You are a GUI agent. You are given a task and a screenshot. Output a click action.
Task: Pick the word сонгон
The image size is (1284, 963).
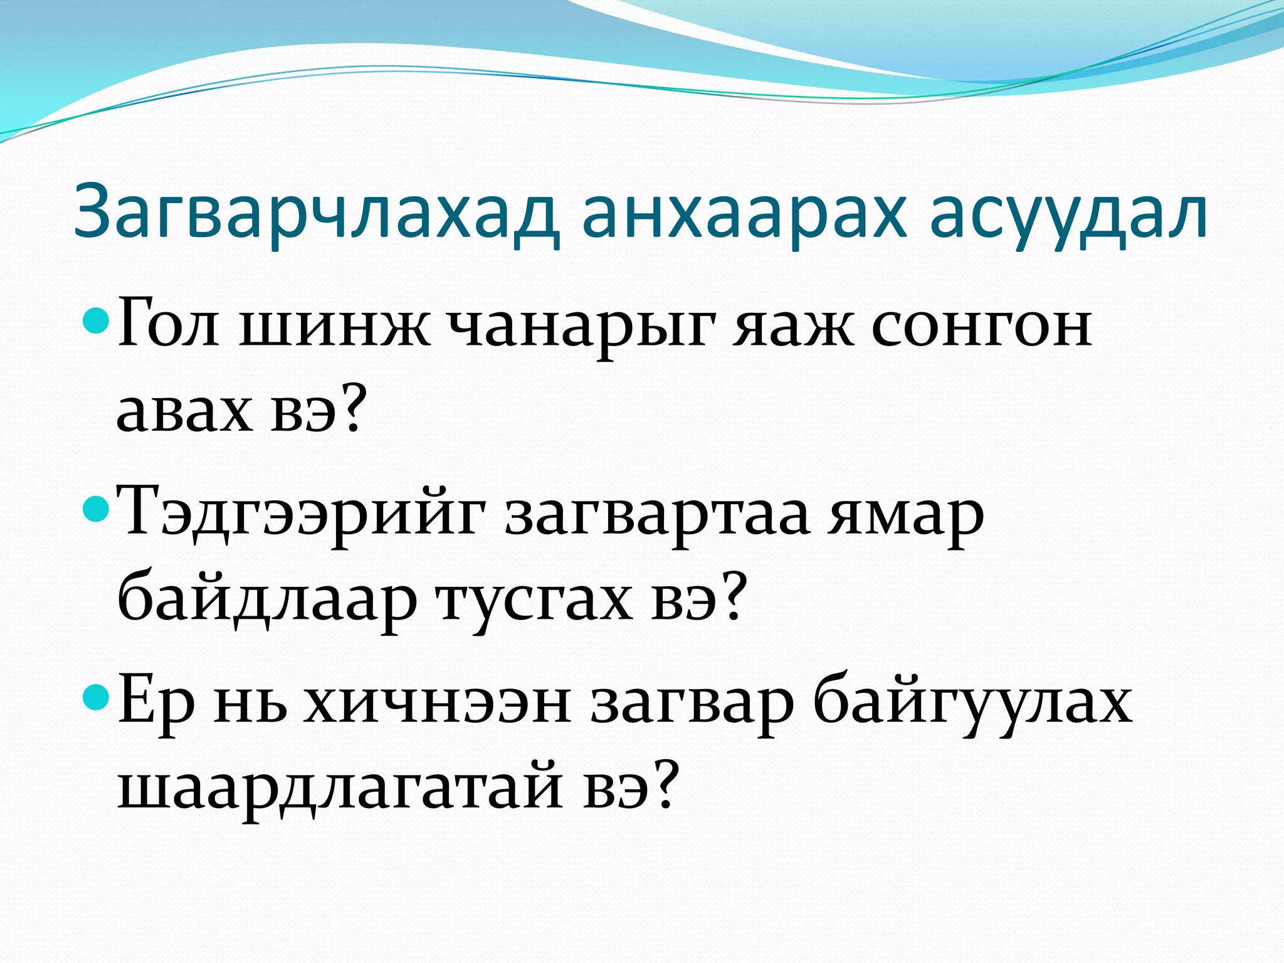coord(982,328)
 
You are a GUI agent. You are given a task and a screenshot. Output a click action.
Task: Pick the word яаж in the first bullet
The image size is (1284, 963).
coord(794,328)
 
